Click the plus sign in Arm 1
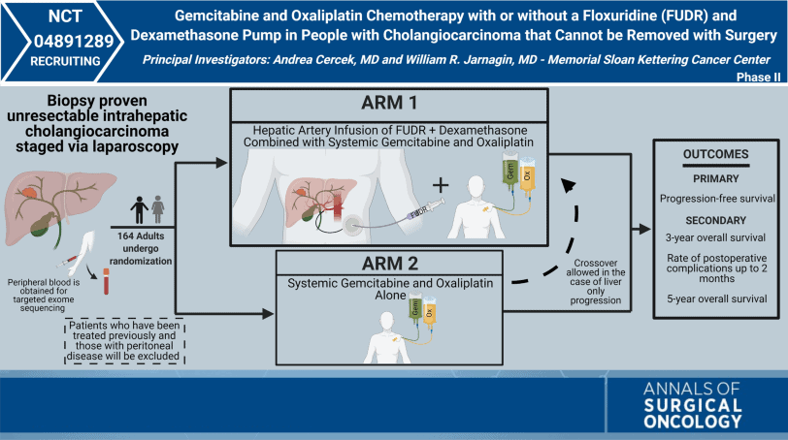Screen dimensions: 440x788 tap(415, 184)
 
